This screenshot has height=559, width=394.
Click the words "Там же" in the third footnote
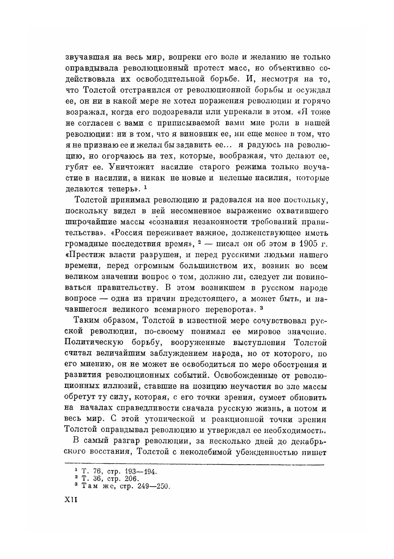click(x=98, y=486)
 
